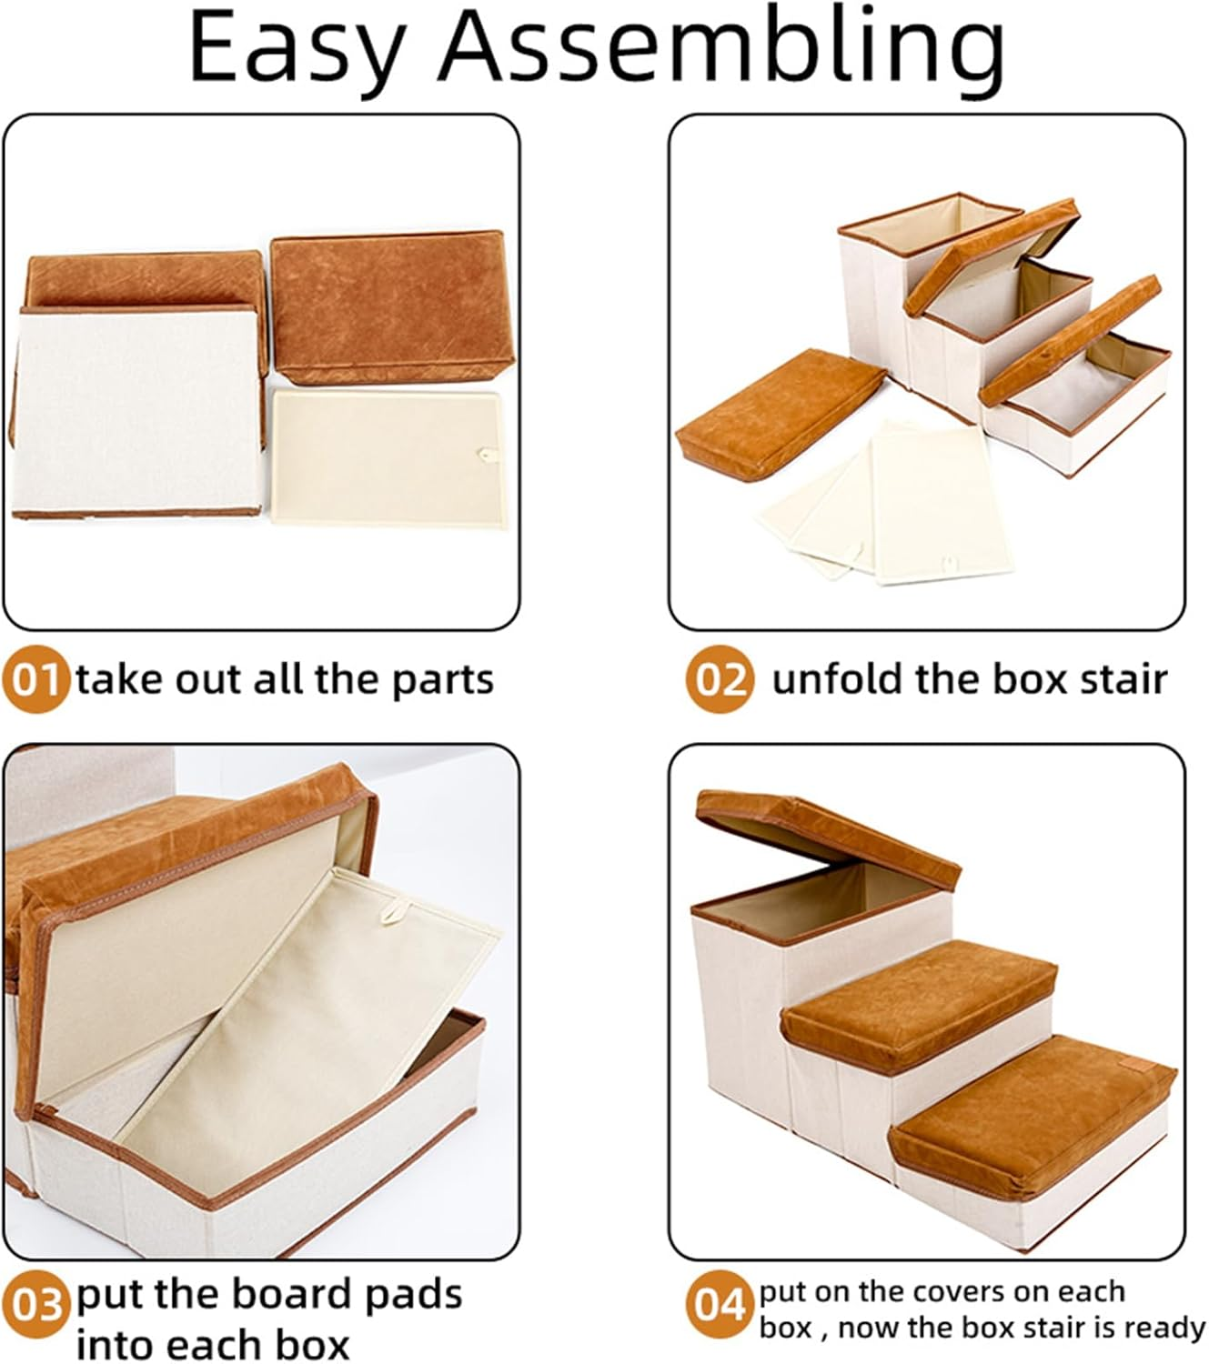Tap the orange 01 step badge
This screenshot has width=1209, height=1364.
click(35, 680)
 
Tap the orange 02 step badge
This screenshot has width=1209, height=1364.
click(720, 680)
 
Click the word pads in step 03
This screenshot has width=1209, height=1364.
click(413, 1295)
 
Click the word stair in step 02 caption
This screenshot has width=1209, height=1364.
click(1124, 680)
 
